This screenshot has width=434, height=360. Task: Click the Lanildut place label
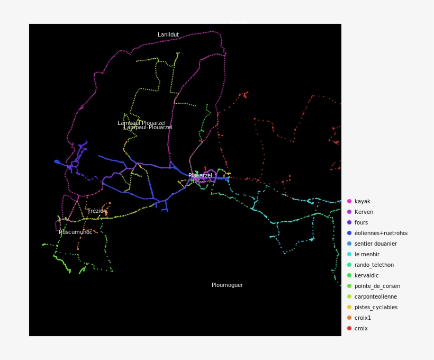[168, 35]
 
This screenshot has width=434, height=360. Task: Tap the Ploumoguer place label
[227, 285]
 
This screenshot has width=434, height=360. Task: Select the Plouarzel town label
[200, 176]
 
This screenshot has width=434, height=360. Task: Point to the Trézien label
[97, 211]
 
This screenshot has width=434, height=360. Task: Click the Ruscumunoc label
[76, 232]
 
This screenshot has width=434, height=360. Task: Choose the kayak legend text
[363, 202]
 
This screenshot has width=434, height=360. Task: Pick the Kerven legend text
[364, 212]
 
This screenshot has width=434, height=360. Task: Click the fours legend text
[361, 223]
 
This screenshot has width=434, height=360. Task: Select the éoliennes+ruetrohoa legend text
[381, 233]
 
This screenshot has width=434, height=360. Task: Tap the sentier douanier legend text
[375, 244]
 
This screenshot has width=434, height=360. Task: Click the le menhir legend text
[367, 255]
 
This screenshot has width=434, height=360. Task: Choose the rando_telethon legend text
[374, 265]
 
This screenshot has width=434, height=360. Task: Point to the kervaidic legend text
[366, 276]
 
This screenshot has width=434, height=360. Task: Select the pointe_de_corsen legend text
[377, 286]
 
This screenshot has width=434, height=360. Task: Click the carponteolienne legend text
[375, 297]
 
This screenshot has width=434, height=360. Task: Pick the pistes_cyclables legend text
[376, 308]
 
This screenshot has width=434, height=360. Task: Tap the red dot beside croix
[349, 328]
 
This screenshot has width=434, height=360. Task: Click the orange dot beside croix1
[349, 318]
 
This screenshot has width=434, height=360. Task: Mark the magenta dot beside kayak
[349, 201]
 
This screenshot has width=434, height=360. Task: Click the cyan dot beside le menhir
[349, 254]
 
